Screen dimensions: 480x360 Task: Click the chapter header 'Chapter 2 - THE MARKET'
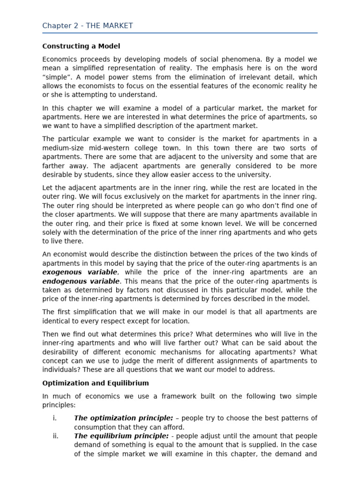[x=88, y=26]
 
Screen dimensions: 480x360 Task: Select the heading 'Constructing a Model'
[x=81, y=46]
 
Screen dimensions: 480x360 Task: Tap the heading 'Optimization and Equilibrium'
[x=96, y=383]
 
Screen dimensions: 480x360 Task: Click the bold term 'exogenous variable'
[x=80, y=272]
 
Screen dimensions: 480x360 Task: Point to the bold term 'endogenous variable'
[x=82, y=281]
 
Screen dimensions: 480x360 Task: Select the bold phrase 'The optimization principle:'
[x=124, y=418]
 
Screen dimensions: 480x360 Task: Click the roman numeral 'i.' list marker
[x=55, y=418]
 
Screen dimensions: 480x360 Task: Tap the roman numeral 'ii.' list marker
[x=56, y=436]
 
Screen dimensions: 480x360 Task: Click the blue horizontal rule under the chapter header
[x=180, y=33]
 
